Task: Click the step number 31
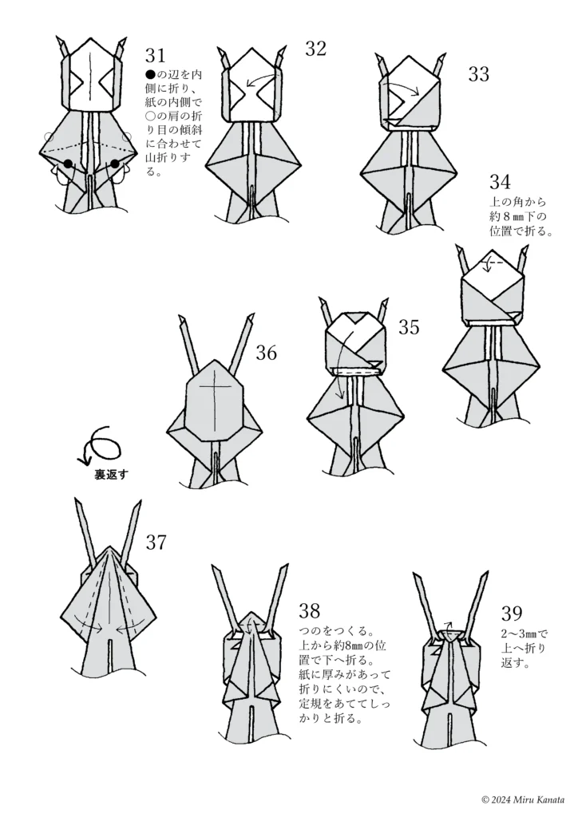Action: pos(155,55)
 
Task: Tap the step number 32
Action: pos(315,49)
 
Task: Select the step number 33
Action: pos(478,74)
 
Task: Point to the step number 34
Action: pos(500,183)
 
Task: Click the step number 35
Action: pos(409,327)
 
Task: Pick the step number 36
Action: pos(267,352)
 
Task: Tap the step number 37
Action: pos(156,543)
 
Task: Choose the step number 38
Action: pos(310,611)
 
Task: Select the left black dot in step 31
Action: pos(69,164)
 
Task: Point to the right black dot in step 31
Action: pos(115,164)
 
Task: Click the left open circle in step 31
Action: pos(49,136)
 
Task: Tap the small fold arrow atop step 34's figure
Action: pos(494,262)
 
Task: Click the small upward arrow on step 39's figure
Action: pos(449,627)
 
